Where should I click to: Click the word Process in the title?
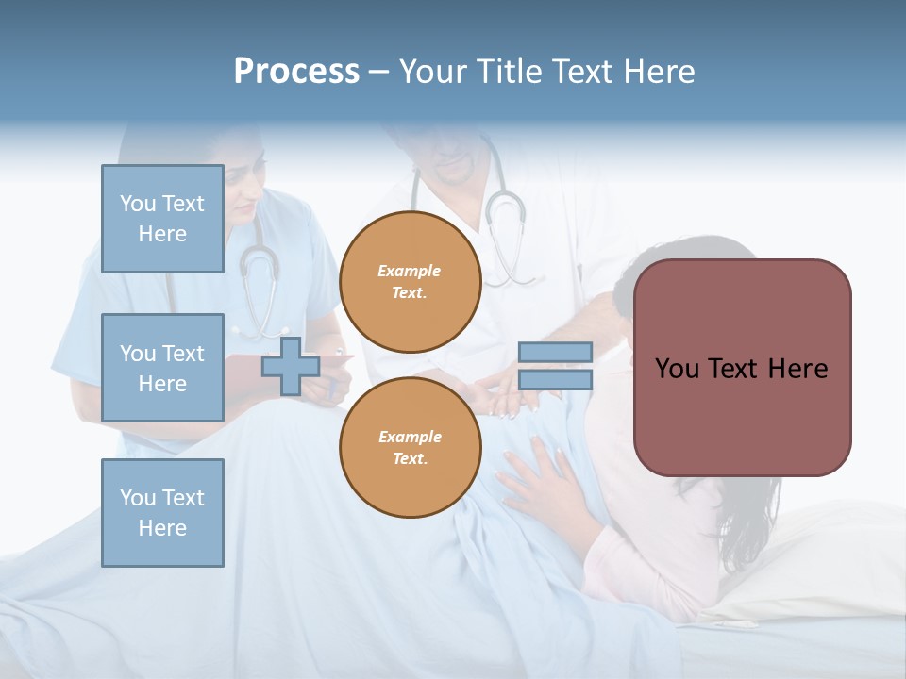click(296, 72)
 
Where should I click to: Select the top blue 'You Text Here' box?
click(162, 219)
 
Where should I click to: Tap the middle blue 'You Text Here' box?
click(162, 368)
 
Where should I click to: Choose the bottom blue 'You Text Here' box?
click(162, 513)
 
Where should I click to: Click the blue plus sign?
click(290, 367)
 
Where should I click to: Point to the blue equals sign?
click(555, 366)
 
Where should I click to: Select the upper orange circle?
click(411, 282)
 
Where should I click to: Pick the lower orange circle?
click(411, 448)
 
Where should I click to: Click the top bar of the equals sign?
click(555, 353)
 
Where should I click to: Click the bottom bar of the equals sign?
click(555, 379)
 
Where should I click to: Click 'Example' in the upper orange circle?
click(410, 271)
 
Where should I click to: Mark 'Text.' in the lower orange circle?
click(410, 459)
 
